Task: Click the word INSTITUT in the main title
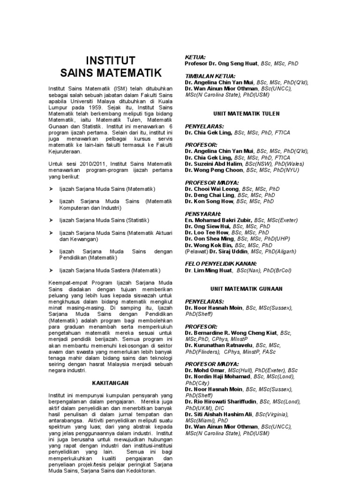[x=111, y=60]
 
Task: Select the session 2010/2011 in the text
[x=94, y=164]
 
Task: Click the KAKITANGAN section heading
[x=111, y=383]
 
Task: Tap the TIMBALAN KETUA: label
[x=210, y=76]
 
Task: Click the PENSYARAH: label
[x=203, y=214]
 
